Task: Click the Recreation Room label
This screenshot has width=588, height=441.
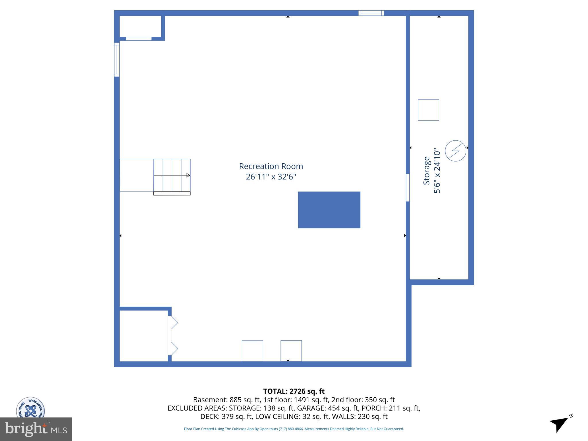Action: coord(271,166)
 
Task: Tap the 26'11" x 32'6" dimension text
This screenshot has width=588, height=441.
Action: coord(271,177)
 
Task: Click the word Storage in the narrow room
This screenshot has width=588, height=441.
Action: coord(427,171)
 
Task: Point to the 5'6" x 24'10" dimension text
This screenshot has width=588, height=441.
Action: coord(437,171)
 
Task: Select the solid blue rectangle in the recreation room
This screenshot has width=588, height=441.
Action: coord(329,210)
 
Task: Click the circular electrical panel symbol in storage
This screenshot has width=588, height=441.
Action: coord(455,150)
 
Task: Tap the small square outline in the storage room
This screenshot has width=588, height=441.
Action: coord(428,110)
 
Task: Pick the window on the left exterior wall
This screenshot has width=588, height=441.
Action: coord(117,60)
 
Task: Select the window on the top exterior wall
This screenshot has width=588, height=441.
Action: coord(371,13)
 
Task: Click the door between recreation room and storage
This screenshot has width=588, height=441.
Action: coord(408,187)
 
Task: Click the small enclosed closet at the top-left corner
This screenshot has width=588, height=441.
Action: coord(140,26)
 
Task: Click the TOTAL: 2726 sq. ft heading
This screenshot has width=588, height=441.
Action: coord(294,391)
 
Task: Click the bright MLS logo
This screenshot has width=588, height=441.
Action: coord(36,429)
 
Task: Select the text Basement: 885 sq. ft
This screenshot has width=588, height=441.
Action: coord(226,400)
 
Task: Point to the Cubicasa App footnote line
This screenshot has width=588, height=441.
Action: coord(294,429)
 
